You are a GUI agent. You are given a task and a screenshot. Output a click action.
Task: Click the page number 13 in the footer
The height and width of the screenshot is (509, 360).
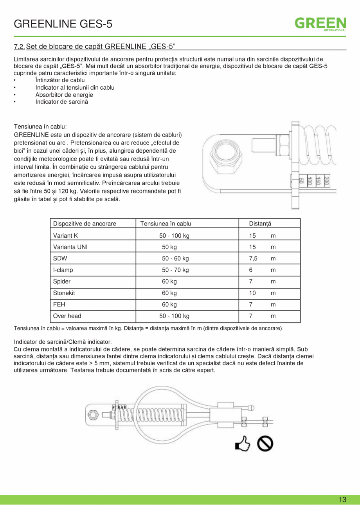coord(342,500)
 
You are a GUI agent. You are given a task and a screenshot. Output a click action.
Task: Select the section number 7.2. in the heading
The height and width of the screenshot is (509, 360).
coord(19,47)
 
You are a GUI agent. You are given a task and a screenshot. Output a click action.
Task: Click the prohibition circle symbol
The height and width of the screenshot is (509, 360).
coord(265,444)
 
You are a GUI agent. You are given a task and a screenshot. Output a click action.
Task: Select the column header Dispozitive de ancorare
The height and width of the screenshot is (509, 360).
coord(85,224)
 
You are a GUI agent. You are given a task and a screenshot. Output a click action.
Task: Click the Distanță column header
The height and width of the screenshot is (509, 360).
coord(260,224)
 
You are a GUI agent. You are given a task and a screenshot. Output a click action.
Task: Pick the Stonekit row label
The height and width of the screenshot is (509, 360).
coord(64,293)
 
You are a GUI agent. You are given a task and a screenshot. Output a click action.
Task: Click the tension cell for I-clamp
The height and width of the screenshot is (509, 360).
coord(175,270)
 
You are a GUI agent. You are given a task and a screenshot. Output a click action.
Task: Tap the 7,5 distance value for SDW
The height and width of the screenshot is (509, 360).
coord(253,259)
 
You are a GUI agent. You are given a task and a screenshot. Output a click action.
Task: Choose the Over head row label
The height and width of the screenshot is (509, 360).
coord(67,316)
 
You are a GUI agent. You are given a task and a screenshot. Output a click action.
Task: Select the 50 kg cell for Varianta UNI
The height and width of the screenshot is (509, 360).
coord(169,247)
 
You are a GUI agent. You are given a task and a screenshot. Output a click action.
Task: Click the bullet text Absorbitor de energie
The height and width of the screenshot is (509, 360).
coord(64,95)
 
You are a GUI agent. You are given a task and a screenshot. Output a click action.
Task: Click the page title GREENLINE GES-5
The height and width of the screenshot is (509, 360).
coord(63,24)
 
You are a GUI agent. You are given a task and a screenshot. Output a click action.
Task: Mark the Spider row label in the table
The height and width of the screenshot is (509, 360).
coord(62,282)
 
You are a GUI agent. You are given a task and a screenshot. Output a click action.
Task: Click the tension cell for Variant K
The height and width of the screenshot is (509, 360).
coord(174,236)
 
